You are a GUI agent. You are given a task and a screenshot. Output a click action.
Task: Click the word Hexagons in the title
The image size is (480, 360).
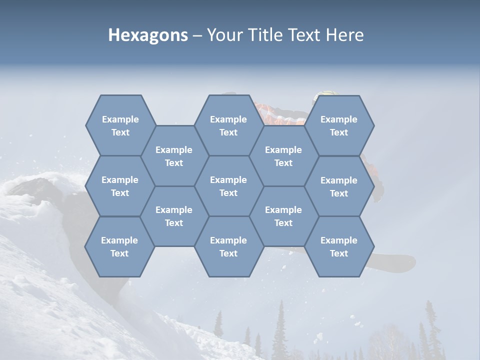148,35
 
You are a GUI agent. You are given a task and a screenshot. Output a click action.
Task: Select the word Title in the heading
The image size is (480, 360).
265,35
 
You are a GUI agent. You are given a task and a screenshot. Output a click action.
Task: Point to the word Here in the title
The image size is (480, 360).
344,35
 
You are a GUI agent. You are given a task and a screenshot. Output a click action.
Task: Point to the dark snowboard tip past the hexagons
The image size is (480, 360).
400,262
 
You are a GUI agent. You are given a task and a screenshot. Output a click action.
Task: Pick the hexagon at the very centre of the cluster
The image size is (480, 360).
228,186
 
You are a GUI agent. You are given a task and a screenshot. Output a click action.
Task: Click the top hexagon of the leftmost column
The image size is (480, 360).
120,125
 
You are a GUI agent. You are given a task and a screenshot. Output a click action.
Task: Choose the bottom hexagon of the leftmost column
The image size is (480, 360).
119,246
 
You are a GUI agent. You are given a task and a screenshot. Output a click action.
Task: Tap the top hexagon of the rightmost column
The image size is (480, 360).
339,125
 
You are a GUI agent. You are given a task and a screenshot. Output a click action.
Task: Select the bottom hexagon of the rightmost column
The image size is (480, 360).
339,246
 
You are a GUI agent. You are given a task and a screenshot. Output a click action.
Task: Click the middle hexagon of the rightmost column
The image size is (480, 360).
339,186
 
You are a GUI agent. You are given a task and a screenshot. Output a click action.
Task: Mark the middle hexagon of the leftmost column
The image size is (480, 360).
120,186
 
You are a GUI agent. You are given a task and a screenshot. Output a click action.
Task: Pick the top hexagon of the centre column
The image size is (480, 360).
228,125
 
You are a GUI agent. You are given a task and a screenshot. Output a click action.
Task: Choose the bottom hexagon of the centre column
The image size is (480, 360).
228,246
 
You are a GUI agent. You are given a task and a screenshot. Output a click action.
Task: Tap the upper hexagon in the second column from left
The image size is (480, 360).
174,156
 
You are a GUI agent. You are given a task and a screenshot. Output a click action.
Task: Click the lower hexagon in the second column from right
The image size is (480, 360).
283,216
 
